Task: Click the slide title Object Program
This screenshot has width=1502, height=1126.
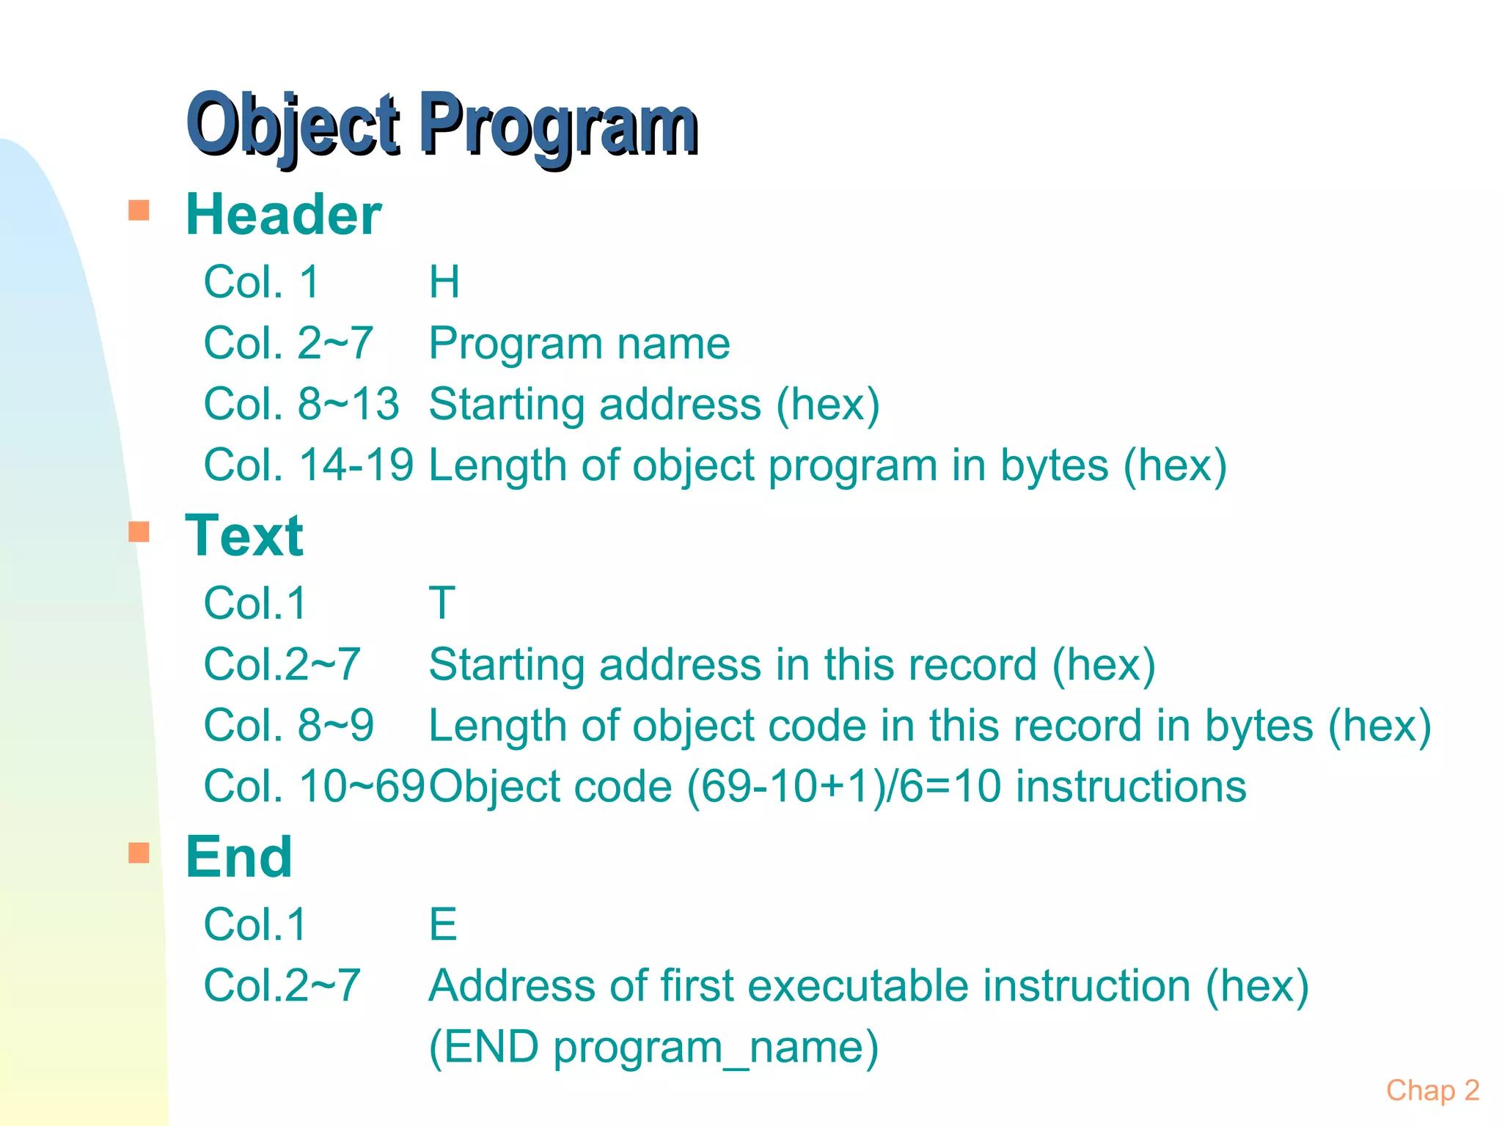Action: [x=442, y=125]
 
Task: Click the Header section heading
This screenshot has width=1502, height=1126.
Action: [x=283, y=214]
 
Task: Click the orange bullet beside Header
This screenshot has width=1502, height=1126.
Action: [x=139, y=210]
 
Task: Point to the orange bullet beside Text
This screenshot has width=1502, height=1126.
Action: [x=139, y=531]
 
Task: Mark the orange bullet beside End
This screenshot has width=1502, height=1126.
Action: [x=139, y=853]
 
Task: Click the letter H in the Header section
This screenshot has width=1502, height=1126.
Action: [x=444, y=281]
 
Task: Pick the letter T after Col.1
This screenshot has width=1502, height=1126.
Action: [x=442, y=603]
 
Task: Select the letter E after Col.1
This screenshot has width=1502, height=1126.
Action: [x=443, y=924]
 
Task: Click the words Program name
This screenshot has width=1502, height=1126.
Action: [x=579, y=343]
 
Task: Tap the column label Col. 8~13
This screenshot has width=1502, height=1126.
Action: [x=301, y=404]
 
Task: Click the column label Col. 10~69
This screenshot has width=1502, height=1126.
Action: [x=314, y=786]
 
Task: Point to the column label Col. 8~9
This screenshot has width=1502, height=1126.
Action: [x=289, y=725]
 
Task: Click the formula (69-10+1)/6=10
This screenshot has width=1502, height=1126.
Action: [x=844, y=786]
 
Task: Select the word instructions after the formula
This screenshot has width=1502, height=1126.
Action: [x=1131, y=786]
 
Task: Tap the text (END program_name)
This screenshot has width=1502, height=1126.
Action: [x=653, y=1046]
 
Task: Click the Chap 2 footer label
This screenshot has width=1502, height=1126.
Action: [x=1432, y=1090]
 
